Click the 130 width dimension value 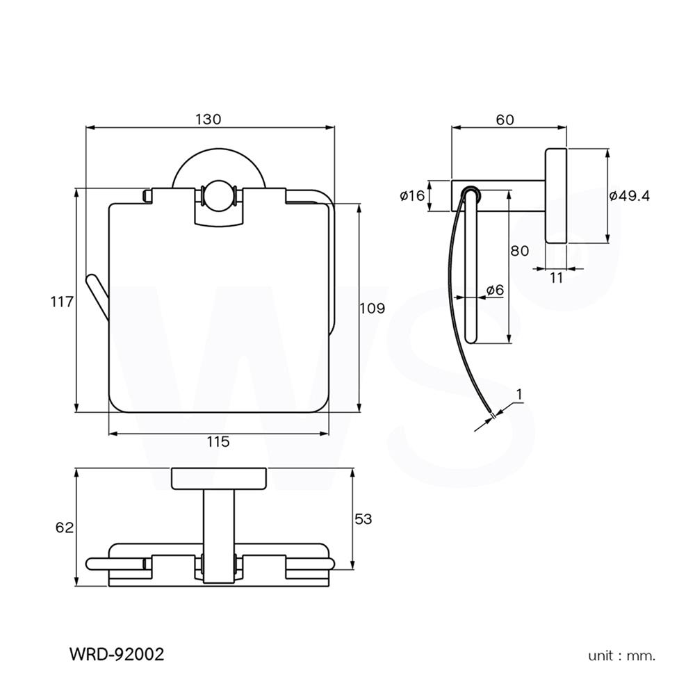point(208,120)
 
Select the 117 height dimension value point(62,302)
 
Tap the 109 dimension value point(373,308)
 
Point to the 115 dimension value point(218,441)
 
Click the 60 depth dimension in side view point(505,120)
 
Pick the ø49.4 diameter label point(629,196)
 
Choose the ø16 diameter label point(412,196)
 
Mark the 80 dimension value point(520,251)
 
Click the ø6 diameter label point(494,290)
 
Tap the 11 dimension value point(556,278)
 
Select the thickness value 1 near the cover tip point(519,394)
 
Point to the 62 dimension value point(64,528)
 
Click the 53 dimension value point(363,518)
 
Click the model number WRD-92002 point(117,654)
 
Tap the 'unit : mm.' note point(622,655)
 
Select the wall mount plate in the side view point(556,196)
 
